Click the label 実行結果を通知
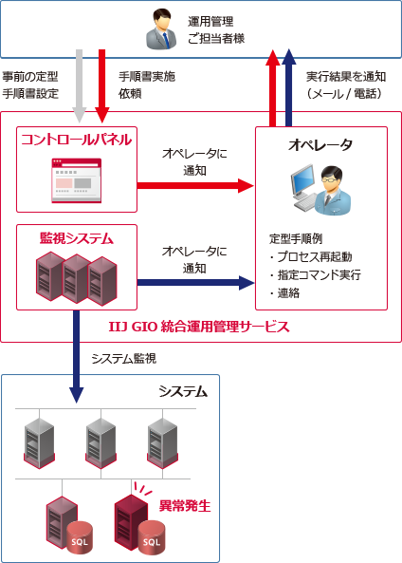click(347, 76)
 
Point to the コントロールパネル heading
click(76, 140)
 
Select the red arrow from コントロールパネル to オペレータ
click(194, 182)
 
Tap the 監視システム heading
click(76, 237)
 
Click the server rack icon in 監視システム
click(76, 277)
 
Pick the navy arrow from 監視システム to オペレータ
click(194, 282)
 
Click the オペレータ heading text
click(320, 144)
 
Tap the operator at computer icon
click(320, 191)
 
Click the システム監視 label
click(123, 359)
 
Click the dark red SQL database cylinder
click(150, 536)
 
